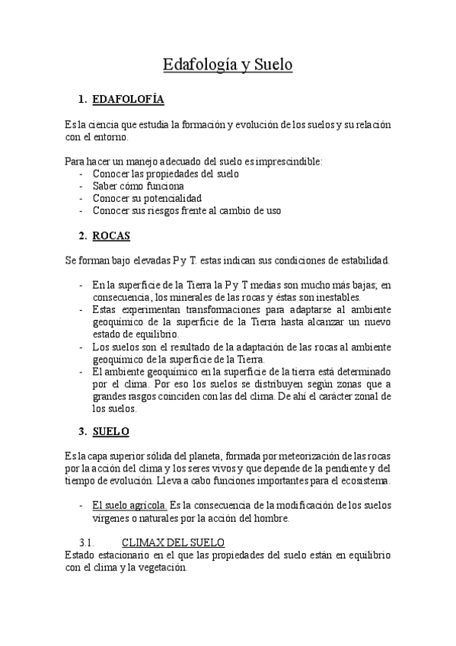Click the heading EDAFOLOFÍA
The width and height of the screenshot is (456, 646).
tap(127, 100)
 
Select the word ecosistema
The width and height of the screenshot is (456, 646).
tap(363, 481)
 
